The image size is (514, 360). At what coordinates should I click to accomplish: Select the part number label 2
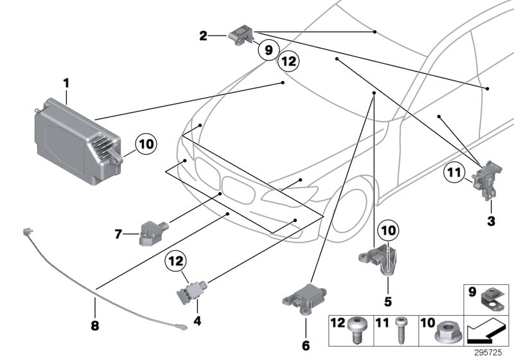tap(204, 37)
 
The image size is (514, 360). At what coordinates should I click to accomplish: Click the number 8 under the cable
tap(95, 326)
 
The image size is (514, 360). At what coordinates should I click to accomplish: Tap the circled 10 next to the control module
tap(146, 145)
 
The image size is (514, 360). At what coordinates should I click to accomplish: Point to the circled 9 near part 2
tap(268, 49)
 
